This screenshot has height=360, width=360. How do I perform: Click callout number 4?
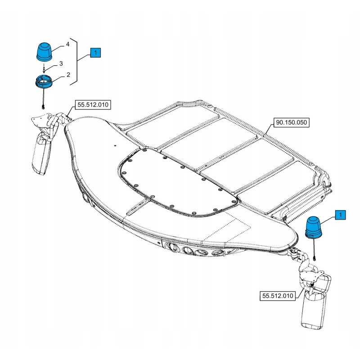tap(67, 44)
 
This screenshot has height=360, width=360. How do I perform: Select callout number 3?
tap(61, 63)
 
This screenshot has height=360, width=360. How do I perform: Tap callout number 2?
tap(68, 75)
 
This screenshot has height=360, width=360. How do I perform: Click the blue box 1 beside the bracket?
tap(95, 53)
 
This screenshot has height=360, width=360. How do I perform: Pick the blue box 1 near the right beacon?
tap(340, 215)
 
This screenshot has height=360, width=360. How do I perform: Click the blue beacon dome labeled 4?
tap(44, 52)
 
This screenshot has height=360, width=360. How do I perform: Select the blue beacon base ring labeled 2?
tap(44, 81)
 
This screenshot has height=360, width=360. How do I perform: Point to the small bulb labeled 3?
tap(44, 69)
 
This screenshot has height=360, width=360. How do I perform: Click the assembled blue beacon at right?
tap(313, 227)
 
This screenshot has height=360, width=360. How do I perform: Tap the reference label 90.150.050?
tap(291, 122)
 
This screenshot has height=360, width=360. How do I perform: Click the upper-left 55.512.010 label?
tap(93, 105)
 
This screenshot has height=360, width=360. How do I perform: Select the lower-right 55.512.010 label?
tap(278, 296)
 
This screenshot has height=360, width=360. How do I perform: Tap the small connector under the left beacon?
tap(43, 107)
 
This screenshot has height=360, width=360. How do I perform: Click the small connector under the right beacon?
tap(314, 259)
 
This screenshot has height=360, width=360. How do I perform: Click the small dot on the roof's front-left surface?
tap(115, 145)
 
